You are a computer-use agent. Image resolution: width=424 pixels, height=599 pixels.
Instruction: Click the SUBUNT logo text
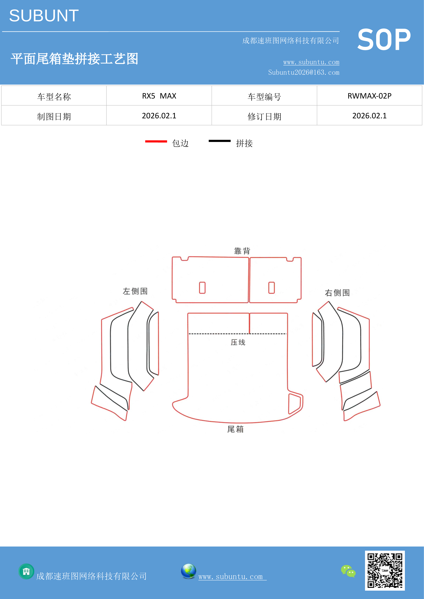click(44, 16)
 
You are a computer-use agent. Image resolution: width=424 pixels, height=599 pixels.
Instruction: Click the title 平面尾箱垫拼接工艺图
click(74, 59)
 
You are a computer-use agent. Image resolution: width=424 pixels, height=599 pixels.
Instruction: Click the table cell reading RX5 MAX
click(159, 96)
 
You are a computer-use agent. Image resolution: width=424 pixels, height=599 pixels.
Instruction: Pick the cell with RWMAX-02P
click(369, 96)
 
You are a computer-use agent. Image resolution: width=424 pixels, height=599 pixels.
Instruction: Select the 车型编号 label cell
click(264, 96)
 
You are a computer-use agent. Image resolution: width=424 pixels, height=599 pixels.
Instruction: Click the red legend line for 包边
click(156, 141)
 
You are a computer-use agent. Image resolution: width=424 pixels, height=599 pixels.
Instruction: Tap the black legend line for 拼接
click(220, 141)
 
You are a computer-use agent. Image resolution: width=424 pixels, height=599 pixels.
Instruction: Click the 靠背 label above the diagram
click(242, 251)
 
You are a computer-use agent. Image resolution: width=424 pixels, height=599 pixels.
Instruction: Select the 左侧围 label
click(135, 291)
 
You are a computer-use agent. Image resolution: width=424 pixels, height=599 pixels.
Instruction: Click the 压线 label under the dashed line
click(238, 342)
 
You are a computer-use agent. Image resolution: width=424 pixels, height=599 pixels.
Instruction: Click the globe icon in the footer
click(189, 571)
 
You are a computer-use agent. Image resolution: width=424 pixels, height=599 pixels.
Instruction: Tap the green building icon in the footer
click(26, 571)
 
